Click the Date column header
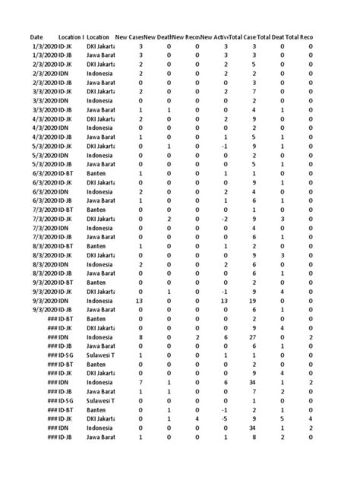click(36, 36)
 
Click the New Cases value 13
click(140, 300)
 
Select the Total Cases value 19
click(254, 300)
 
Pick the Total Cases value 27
click(254, 336)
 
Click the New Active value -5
click(226, 418)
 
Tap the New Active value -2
click(226, 218)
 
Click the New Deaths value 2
click(169, 218)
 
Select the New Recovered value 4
click(197, 418)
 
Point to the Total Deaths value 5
click(283, 418)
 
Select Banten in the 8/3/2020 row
click(96, 245)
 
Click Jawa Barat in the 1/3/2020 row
click(100, 55)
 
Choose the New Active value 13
click(225, 300)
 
